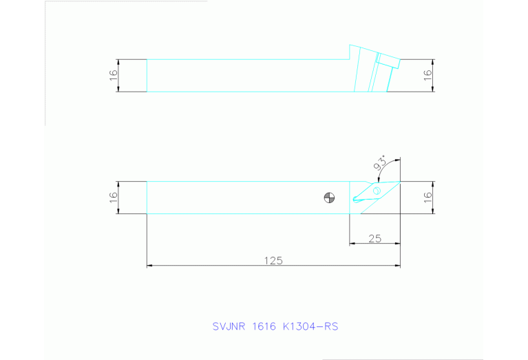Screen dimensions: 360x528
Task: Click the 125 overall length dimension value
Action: (x=273, y=260)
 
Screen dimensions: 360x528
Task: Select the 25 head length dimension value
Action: (x=375, y=238)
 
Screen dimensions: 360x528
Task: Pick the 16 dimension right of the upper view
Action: (x=427, y=75)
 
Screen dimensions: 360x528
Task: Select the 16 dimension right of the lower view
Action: (x=427, y=198)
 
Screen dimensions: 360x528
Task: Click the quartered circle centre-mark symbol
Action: (x=330, y=198)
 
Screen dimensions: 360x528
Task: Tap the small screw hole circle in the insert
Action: (x=377, y=191)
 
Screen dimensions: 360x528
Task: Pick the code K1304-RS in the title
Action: (x=310, y=326)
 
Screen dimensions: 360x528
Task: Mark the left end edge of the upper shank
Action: (x=147, y=75)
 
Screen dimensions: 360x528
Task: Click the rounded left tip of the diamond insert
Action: (x=355, y=200)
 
